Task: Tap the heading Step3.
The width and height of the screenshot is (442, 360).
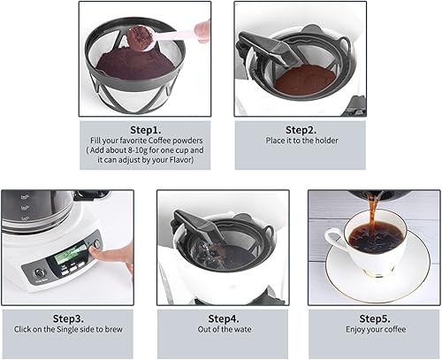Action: [67, 318]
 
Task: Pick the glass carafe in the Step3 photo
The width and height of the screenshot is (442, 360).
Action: [35, 212]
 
